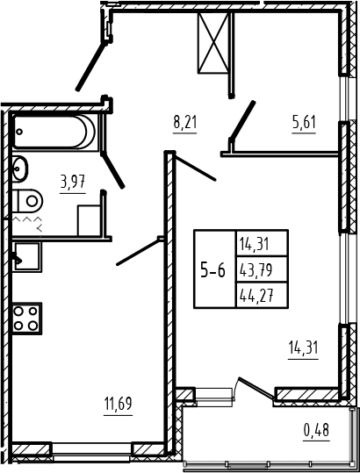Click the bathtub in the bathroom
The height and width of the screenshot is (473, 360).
click(x=54, y=133)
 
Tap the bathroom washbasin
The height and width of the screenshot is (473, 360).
click(x=19, y=168)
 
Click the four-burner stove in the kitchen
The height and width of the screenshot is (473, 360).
click(x=26, y=319)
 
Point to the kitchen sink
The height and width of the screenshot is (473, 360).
click(x=26, y=257)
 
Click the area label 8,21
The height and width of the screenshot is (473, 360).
click(x=184, y=123)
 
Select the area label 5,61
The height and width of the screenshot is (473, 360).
click(x=304, y=123)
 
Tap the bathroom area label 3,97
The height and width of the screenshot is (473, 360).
click(x=73, y=183)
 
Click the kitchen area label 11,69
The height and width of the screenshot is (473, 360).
click(x=118, y=404)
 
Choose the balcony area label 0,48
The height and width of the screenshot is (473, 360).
click(x=317, y=430)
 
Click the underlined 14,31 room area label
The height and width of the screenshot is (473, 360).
click(x=303, y=348)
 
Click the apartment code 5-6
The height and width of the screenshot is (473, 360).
click(x=213, y=269)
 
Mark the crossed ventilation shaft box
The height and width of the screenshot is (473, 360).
click(x=213, y=43)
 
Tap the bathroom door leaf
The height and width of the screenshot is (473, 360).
click(x=113, y=170)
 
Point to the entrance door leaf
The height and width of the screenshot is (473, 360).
click(x=91, y=67)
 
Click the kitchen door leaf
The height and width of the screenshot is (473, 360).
click(x=138, y=252)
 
